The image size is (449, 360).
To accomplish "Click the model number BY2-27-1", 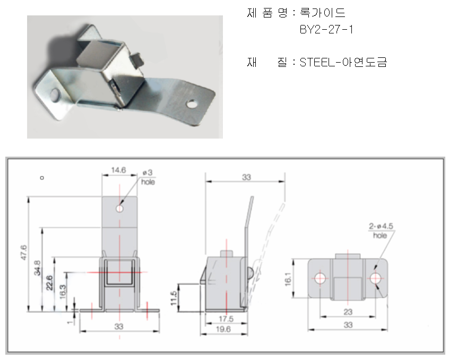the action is (x=326, y=30).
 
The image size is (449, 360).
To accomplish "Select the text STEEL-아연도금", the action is (x=343, y=62).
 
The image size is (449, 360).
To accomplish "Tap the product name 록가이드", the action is (x=323, y=13).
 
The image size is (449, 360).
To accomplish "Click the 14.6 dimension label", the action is (x=118, y=170).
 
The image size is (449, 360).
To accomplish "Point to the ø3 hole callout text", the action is (x=148, y=177).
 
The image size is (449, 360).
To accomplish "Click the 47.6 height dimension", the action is (x=23, y=252).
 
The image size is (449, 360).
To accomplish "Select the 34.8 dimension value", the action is (x=37, y=268).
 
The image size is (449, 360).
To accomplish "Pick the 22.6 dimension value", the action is (x=49, y=282).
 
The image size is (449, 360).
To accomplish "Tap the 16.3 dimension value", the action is (x=63, y=292).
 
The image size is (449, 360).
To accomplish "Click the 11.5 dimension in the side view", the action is (x=174, y=298).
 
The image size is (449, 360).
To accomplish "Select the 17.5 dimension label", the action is (x=226, y=319).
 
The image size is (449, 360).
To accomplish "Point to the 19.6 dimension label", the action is (x=223, y=329).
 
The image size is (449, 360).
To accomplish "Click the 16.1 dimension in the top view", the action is (x=288, y=279).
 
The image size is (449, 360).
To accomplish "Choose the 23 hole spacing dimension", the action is (x=348, y=312).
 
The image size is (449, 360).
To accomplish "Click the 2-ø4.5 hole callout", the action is (x=381, y=230).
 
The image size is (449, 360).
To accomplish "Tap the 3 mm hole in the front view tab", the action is (x=119, y=208).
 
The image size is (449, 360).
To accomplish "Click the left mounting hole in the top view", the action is (x=320, y=278).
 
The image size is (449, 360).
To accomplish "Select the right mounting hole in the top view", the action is (x=375, y=278).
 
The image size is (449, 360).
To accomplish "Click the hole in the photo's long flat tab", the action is (x=192, y=104).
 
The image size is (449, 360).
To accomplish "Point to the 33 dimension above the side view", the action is (x=246, y=177).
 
